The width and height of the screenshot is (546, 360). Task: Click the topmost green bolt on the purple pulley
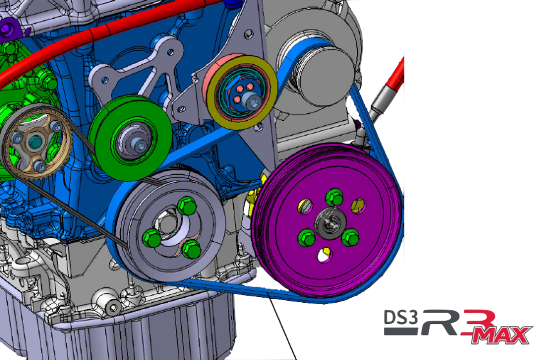pyautogui.click(x=333, y=197)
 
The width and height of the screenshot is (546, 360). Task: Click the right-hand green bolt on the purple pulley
pyautogui.click(x=349, y=237)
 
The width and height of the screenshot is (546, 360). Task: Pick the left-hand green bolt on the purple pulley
pyautogui.click(x=306, y=239)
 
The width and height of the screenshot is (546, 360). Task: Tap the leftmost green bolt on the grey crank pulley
pyautogui.click(x=152, y=237)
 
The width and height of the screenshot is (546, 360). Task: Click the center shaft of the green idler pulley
pyautogui.click(x=137, y=145)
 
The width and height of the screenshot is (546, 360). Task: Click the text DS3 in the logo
pyautogui.click(x=400, y=318)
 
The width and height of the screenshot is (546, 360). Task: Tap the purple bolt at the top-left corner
pyautogui.click(x=8, y=27)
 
